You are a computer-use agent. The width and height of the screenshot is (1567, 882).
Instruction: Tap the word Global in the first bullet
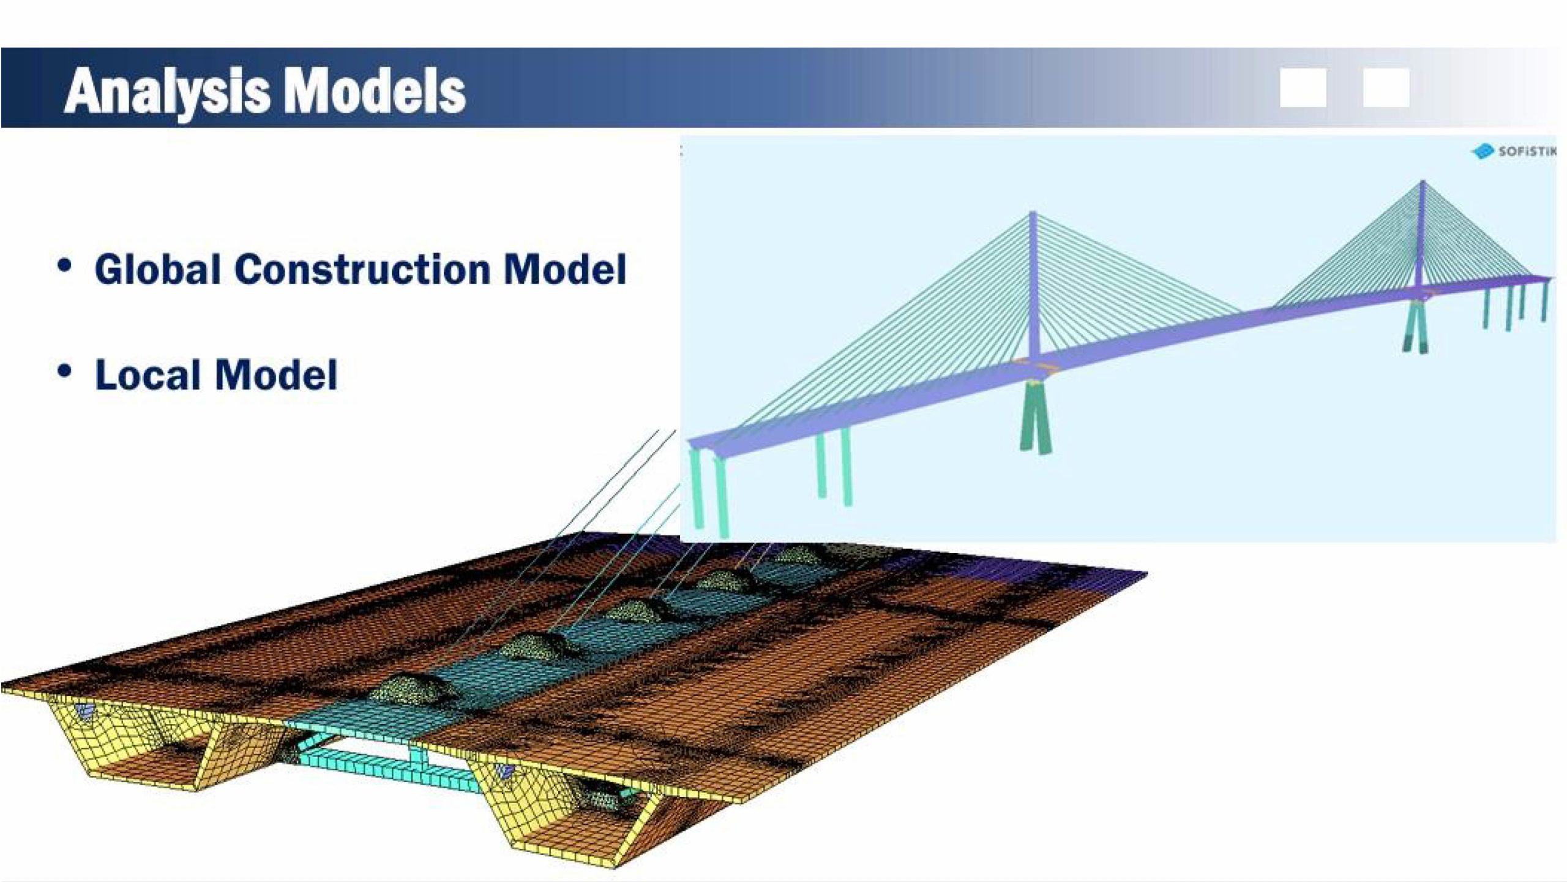[157, 269]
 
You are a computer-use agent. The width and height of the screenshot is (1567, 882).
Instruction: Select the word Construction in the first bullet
[362, 269]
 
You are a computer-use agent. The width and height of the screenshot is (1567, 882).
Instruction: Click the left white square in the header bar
[1303, 88]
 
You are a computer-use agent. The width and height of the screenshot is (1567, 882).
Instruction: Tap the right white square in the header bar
[1386, 88]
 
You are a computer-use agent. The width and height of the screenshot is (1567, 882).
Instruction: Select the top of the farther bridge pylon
[1422, 183]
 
